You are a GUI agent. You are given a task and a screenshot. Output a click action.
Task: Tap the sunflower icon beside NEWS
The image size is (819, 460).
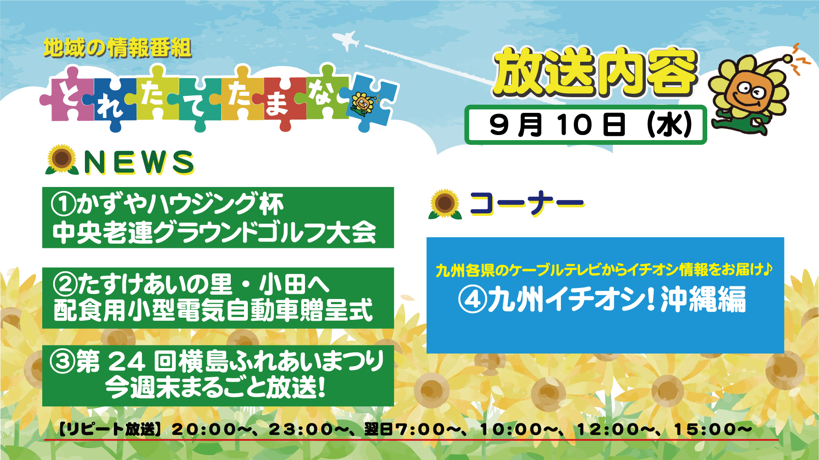coord(62,160)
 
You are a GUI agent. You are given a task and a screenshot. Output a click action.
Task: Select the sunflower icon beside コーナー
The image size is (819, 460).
coord(445,204)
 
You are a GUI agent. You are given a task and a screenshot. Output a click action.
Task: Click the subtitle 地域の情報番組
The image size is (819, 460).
coord(117,48)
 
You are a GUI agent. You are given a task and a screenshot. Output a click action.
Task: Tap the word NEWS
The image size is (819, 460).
coord(139,162)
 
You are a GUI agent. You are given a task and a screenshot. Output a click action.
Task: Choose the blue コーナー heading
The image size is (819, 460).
coord(527,204)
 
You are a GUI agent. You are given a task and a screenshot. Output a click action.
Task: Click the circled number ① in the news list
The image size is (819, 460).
coord(64,204)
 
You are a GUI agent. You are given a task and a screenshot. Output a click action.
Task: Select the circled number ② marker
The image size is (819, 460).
coord(65,284)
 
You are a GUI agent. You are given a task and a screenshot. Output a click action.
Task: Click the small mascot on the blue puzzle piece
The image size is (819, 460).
coord(363,103)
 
